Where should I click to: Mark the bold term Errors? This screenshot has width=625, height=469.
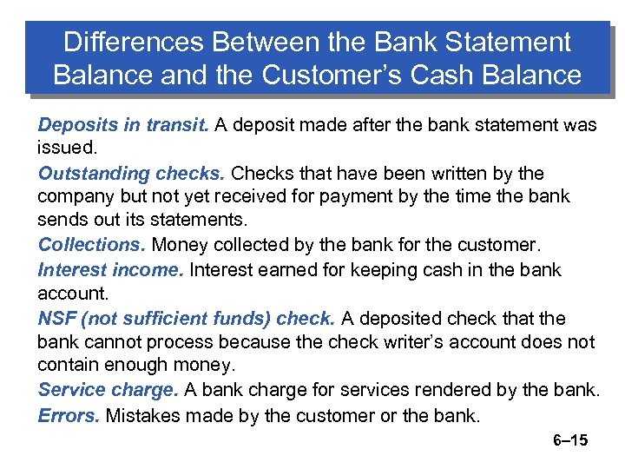tap(69, 415)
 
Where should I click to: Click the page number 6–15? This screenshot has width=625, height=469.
tap(570, 440)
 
